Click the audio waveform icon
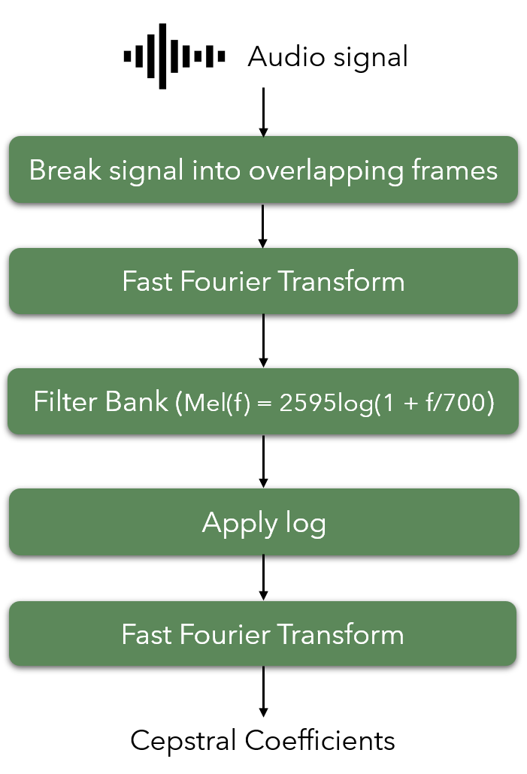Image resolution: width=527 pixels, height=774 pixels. point(174,56)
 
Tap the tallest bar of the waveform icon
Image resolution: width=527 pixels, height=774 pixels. point(162,56)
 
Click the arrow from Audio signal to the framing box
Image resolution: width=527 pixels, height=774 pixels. point(263,112)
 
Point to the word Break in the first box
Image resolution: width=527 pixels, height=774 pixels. point(65,171)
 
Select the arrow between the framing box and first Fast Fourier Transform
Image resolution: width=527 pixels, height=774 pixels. point(263,225)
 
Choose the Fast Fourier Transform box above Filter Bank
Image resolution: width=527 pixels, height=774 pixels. point(263,281)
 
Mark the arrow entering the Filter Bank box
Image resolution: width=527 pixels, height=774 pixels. point(263,340)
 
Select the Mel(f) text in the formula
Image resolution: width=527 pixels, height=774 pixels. point(217,404)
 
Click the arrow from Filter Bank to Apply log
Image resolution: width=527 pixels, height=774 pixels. point(263,461)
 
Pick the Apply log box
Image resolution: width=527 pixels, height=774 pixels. point(264,522)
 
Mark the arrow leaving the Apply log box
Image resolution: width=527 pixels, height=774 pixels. point(263,578)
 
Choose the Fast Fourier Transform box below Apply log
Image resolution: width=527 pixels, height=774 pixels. point(263,633)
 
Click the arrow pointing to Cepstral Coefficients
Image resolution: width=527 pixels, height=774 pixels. point(263,691)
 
